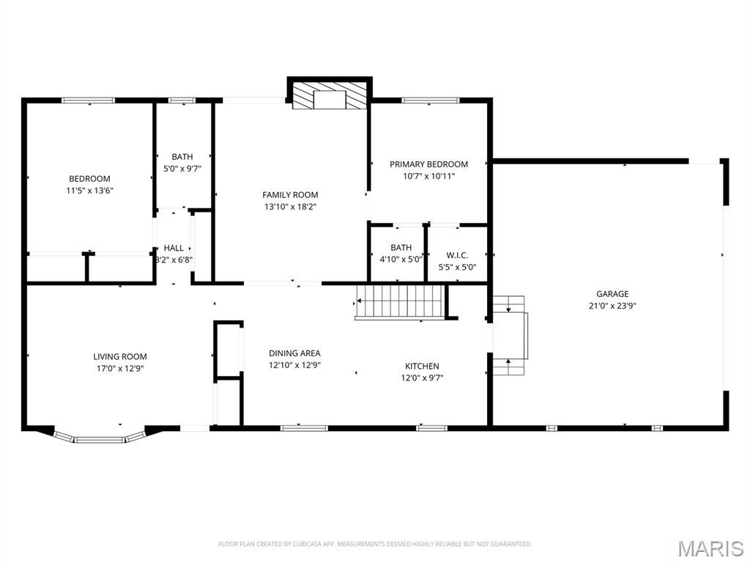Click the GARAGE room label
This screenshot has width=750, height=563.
click(612, 294)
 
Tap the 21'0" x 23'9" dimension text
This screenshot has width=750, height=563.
click(612, 306)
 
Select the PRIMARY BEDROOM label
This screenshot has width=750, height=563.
click(428, 164)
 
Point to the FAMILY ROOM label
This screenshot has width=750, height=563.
click(290, 195)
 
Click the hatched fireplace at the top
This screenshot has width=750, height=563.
click(329, 95)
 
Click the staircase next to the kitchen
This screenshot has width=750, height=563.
click(401, 301)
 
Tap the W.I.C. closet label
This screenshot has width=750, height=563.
click(457, 255)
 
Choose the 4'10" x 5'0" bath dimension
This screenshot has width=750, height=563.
click(401, 260)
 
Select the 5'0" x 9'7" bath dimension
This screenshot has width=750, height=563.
click(182, 168)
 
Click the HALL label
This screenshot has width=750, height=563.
click(174, 248)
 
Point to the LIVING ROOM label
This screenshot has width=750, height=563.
click(119, 357)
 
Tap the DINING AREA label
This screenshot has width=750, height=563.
click(294, 353)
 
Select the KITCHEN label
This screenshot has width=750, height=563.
click(422, 367)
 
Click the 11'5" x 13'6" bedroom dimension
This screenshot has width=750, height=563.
click(89, 191)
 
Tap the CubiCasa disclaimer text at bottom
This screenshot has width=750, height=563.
click(374, 544)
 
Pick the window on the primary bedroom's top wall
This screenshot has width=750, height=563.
click(430, 100)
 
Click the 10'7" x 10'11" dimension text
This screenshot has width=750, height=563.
click(428, 176)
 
